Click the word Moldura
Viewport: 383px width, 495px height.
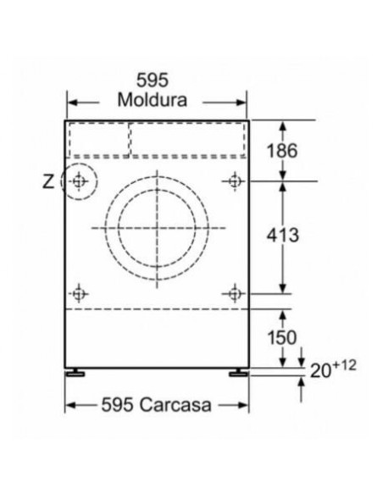click(152, 100)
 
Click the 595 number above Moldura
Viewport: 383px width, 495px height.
click(153, 81)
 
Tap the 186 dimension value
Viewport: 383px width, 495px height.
click(282, 151)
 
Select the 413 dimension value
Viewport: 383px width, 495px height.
click(283, 235)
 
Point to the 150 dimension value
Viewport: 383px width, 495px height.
click(282, 337)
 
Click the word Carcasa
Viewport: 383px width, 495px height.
click(175, 404)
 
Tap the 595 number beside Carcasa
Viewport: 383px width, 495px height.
click(117, 404)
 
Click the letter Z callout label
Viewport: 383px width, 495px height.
click(48, 182)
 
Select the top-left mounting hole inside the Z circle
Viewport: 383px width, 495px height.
click(79, 181)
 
